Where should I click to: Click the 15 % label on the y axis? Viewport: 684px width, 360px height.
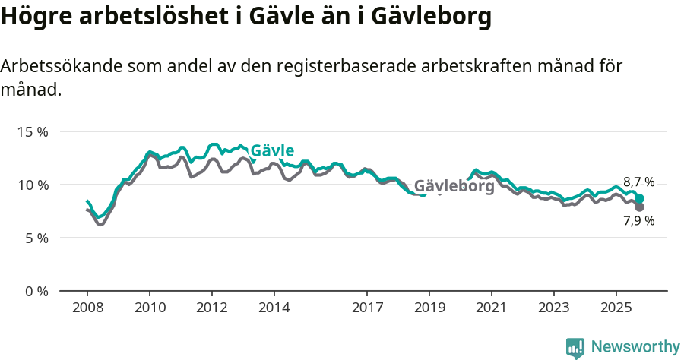coord(32,131)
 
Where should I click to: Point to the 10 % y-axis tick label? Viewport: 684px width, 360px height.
coord(32,185)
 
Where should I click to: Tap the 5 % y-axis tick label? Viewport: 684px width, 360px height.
coord(36,238)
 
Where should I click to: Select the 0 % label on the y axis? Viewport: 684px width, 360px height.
coord(36,291)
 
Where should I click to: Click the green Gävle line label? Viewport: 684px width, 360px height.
coord(272,150)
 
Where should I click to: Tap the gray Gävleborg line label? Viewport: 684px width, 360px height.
coord(454,186)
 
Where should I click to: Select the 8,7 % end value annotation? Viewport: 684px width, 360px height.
coord(638,182)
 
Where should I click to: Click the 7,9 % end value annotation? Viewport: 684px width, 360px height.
coord(638,221)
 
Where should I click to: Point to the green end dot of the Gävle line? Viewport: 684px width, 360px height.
coord(639,198)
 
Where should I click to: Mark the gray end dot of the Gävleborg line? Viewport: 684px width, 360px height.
coord(639,207)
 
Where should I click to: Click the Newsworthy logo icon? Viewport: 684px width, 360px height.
coord(575,348)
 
